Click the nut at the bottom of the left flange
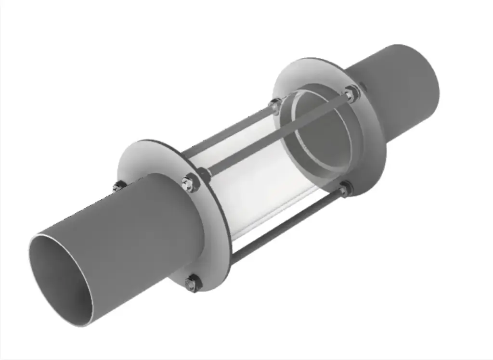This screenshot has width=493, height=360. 192,284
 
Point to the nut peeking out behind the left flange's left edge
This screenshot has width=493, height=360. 118,187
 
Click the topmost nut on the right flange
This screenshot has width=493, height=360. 352,93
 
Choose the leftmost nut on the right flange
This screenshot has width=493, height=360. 275,104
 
